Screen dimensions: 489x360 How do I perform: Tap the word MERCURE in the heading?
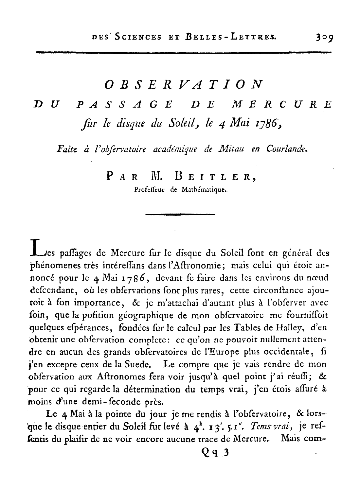pos(282,105)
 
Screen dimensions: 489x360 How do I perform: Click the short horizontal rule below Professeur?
pos(180,214)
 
